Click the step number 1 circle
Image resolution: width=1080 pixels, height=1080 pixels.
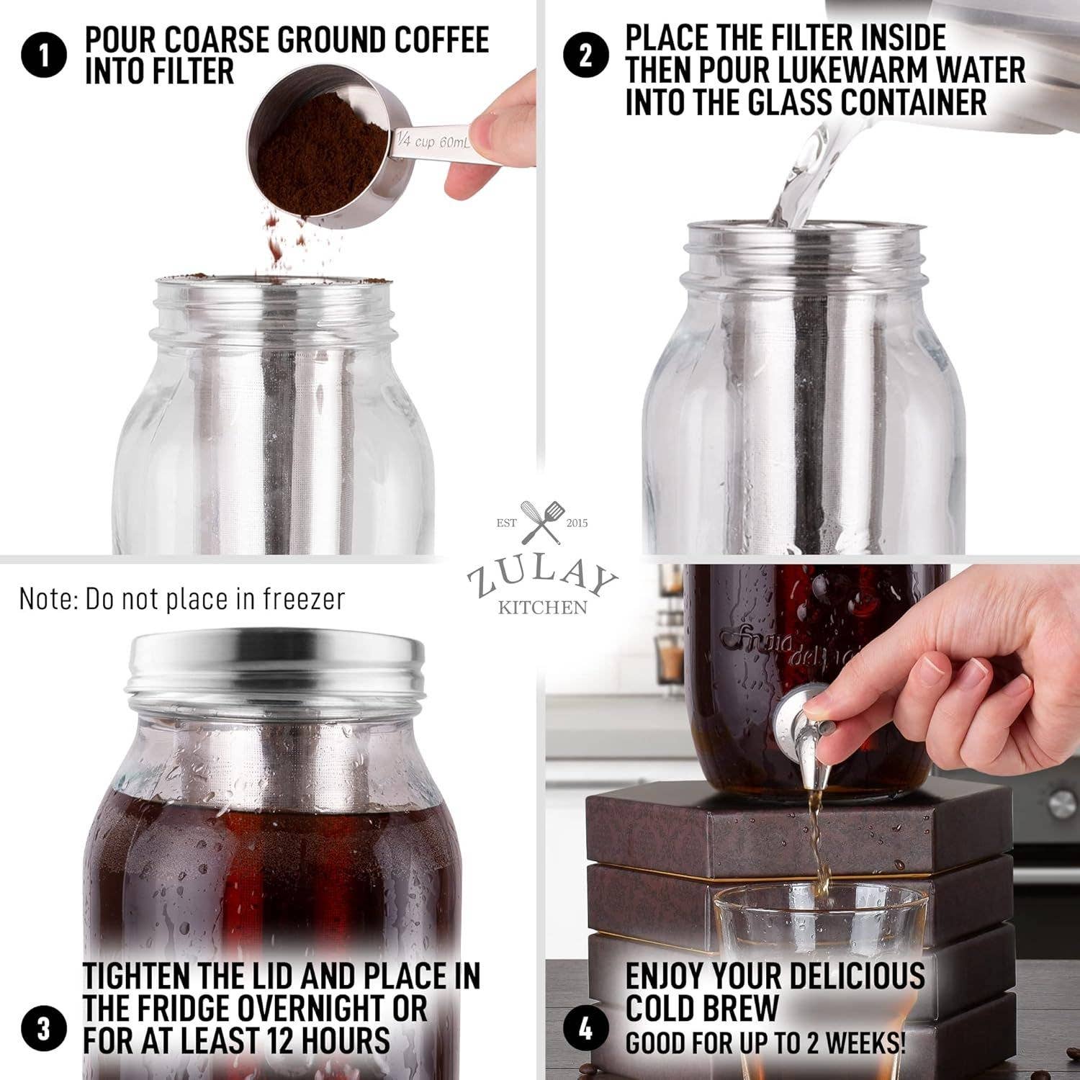[44, 56]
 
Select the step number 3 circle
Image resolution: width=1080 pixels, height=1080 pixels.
[44, 1028]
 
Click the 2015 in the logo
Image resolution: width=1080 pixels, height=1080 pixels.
[577, 523]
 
